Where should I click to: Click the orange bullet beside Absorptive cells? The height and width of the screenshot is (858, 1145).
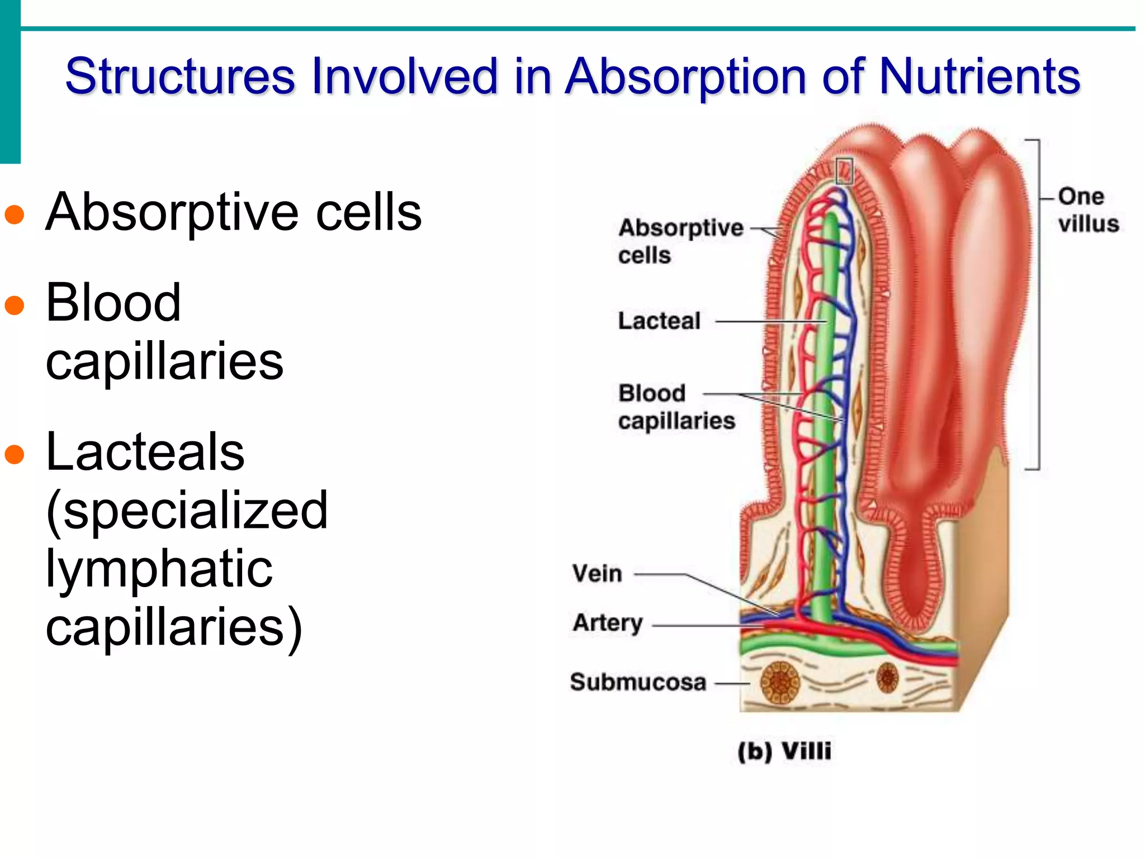15,215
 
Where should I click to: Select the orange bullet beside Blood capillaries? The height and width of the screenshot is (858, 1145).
15,306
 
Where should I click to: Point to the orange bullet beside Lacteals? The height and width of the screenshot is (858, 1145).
15,454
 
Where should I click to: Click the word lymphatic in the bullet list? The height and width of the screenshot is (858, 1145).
159,569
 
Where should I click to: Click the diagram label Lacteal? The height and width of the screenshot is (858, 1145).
659,321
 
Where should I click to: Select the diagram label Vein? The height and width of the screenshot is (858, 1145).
597,574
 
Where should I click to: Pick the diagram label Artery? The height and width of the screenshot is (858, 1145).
608,622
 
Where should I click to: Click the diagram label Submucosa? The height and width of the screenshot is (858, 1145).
638,682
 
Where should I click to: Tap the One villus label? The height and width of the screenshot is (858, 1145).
1087,210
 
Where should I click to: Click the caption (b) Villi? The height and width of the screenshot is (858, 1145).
784,751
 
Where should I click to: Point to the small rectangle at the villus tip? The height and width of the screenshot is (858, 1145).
844,171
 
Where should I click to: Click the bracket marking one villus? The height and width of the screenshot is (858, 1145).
1038,304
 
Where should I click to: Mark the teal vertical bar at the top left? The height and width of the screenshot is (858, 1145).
10,82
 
